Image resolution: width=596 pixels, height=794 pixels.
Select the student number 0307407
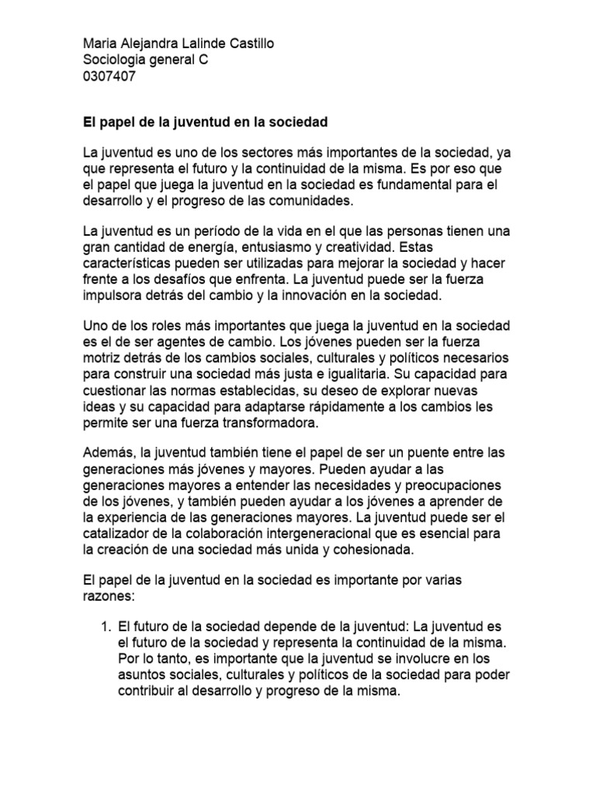[x=107, y=76]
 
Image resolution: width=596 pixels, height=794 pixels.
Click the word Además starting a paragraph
[x=109, y=457]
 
